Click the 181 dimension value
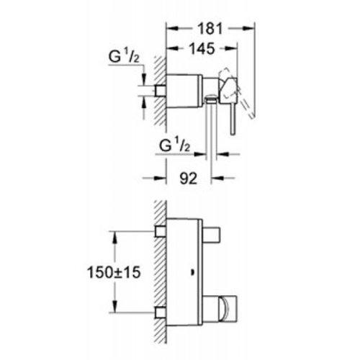point(211,30)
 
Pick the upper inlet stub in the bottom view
point(160,230)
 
